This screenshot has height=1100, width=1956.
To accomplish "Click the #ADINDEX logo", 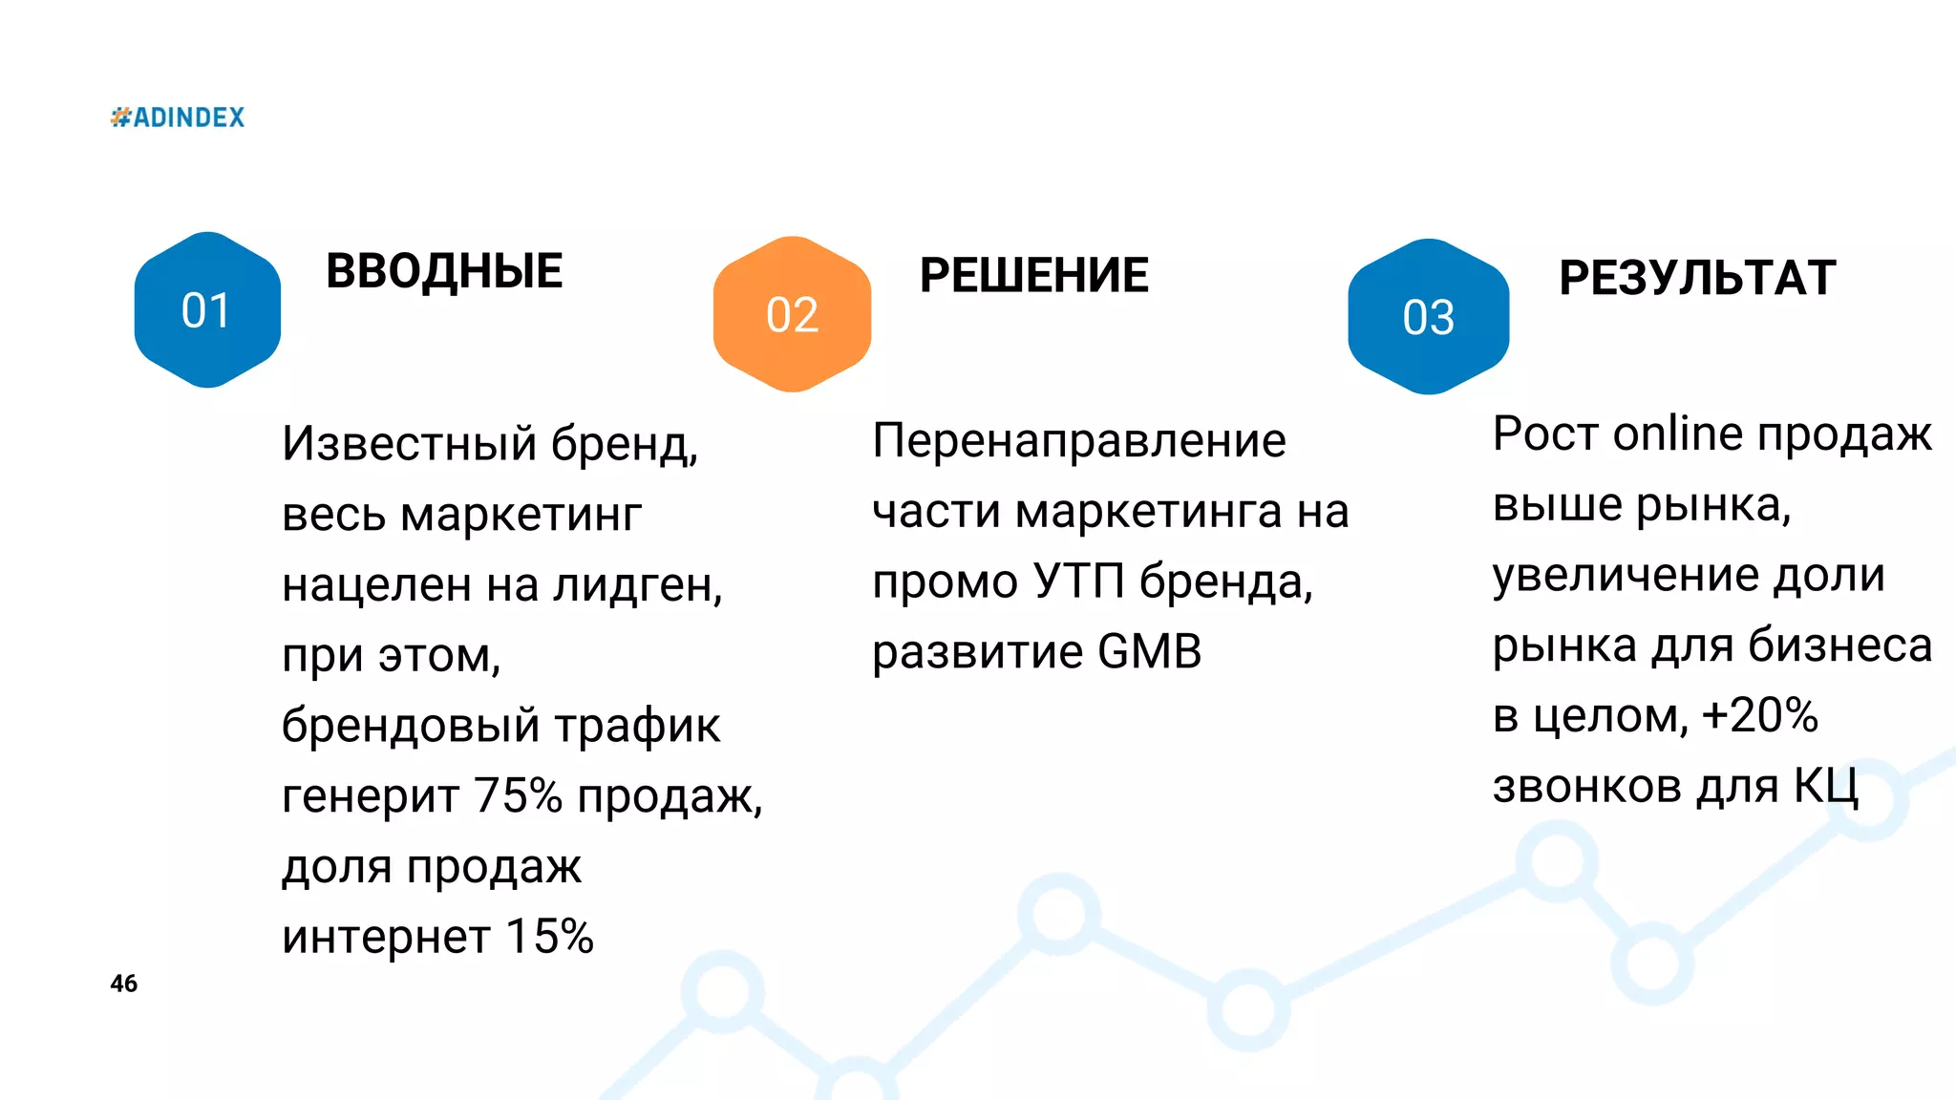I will pyautogui.click(x=178, y=117).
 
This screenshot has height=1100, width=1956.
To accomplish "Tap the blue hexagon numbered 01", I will pyautogui.click(x=207, y=310).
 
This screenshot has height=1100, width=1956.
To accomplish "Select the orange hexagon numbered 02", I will pyautogui.click(x=792, y=315).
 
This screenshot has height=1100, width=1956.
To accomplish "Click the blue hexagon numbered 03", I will pyautogui.click(x=1428, y=317).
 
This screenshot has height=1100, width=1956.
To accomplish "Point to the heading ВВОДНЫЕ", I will pyautogui.click(x=444, y=271).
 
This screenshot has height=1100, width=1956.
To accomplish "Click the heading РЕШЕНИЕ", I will pyautogui.click(x=1034, y=276).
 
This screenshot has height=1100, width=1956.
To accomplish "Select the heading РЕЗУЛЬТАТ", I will pyautogui.click(x=1697, y=279).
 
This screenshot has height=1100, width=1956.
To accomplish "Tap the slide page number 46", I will pyautogui.click(x=124, y=984).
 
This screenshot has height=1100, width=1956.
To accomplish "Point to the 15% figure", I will pyautogui.click(x=549, y=937).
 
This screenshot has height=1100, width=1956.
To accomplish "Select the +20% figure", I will pyautogui.click(x=1759, y=716).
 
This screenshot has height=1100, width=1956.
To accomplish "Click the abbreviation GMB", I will pyautogui.click(x=1149, y=652).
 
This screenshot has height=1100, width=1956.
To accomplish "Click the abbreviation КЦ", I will pyautogui.click(x=1825, y=787).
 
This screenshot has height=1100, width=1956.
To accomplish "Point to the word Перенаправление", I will pyautogui.click(x=1079, y=441).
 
